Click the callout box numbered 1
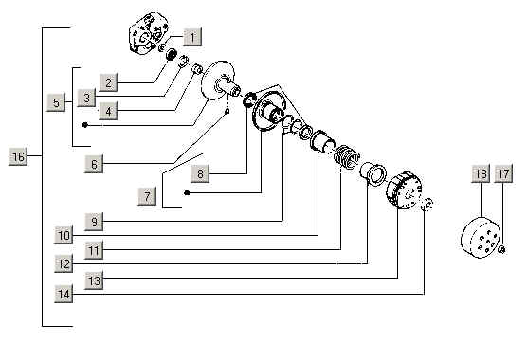click(192, 37)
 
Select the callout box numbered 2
click(108, 82)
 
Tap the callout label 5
click(56, 102)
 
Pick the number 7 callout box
click(147, 196)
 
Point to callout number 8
click(200, 173)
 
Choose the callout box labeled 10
click(64, 235)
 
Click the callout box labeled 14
click(64, 294)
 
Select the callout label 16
click(18, 156)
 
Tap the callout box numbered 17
click(503, 173)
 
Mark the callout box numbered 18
click(481, 173)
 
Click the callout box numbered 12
click(64, 263)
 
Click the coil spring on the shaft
click(347, 155)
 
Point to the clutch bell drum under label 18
click(480, 238)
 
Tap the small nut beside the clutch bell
click(501, 250)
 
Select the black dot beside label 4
click(85, 125)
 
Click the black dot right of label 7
click(188, 193)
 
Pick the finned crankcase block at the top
click(148, 33)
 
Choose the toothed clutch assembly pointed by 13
click(404, 190)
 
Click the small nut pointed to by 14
click(427, 205)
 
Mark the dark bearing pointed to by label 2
click(172, 54)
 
